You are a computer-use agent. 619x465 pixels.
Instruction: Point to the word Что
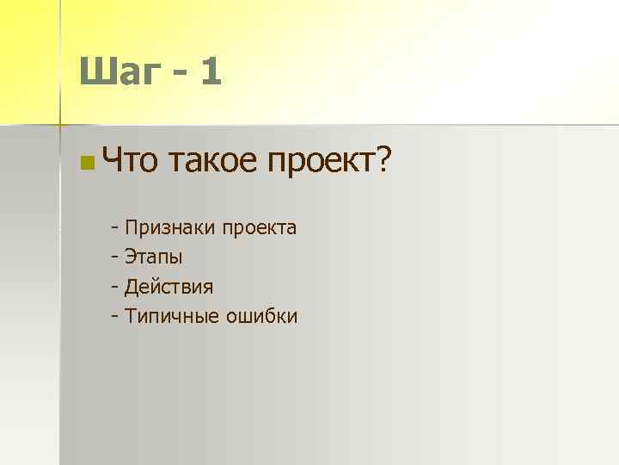point(129,158)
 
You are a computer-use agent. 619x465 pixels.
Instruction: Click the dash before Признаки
point(114,229)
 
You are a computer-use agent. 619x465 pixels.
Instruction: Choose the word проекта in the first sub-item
point(260,229)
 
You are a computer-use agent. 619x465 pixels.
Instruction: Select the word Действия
point(169,287)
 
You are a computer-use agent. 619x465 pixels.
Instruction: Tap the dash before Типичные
point(114,317)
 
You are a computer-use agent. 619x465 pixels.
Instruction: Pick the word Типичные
point(172,317)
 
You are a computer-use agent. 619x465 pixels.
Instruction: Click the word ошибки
point(262,316)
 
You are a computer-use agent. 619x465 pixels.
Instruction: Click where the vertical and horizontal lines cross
point(59,126)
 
